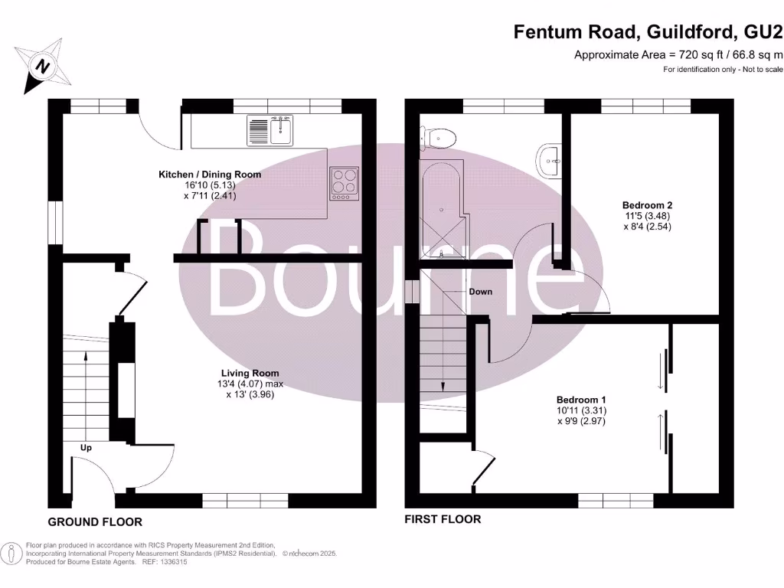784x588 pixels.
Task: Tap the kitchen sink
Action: click(x=270, y=130)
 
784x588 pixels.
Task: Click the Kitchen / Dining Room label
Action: click(x=210, y=175)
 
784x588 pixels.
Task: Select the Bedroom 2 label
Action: click(x=647, y=205)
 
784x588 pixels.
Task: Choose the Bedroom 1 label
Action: click(x=581, y=400)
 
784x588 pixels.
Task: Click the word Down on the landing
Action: click(x=481, y=292)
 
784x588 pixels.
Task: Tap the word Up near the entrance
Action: click(x=86, y=447)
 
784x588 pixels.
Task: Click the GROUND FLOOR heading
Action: click(x=95, y=522)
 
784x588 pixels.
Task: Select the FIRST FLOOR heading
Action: click(x=443, y=520)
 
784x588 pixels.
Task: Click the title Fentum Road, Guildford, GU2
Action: click(x=648, y=31)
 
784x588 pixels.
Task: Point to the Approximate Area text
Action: click(x=678, y=54)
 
